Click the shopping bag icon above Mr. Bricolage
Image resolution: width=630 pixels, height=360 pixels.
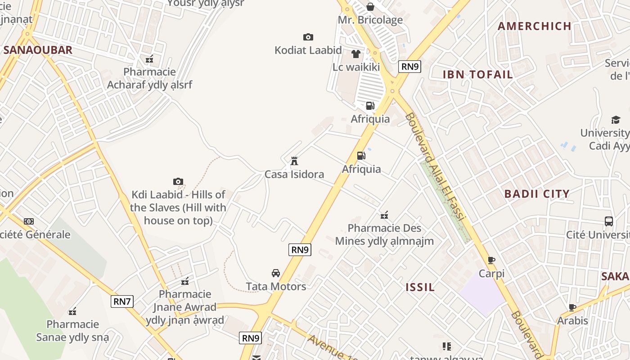point(370,7)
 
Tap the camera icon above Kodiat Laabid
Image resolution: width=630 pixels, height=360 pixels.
point(308,37)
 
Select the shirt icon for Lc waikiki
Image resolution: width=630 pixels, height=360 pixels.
point(356,54)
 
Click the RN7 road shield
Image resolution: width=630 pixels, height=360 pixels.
point(122,301)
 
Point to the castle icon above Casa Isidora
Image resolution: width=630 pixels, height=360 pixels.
point(294,161)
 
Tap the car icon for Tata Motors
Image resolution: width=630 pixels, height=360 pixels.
point(276,273)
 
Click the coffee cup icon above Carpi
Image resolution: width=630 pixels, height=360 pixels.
point(491,260)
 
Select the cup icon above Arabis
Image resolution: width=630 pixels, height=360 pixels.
point(572,307)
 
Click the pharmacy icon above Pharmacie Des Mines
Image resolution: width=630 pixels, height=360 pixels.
point(384,215)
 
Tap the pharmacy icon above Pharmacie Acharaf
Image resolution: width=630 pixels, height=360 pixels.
point(149,58)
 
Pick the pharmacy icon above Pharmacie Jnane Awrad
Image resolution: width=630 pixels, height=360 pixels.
point(185,281)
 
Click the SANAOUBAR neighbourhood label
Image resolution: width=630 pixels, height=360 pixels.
point(38,50)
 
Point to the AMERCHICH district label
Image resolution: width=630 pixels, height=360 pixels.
point(535,26)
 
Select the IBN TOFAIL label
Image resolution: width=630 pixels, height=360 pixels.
point(478,75)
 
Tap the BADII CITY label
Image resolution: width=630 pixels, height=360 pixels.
point(537,194)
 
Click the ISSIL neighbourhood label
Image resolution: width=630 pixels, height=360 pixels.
point(420,287)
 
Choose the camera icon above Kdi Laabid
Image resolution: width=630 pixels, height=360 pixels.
point(178,181)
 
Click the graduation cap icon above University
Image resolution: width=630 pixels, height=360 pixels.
point(616,120)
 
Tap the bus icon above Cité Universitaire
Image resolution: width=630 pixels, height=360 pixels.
point(609,221)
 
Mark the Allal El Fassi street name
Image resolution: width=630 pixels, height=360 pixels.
point(435,167)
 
